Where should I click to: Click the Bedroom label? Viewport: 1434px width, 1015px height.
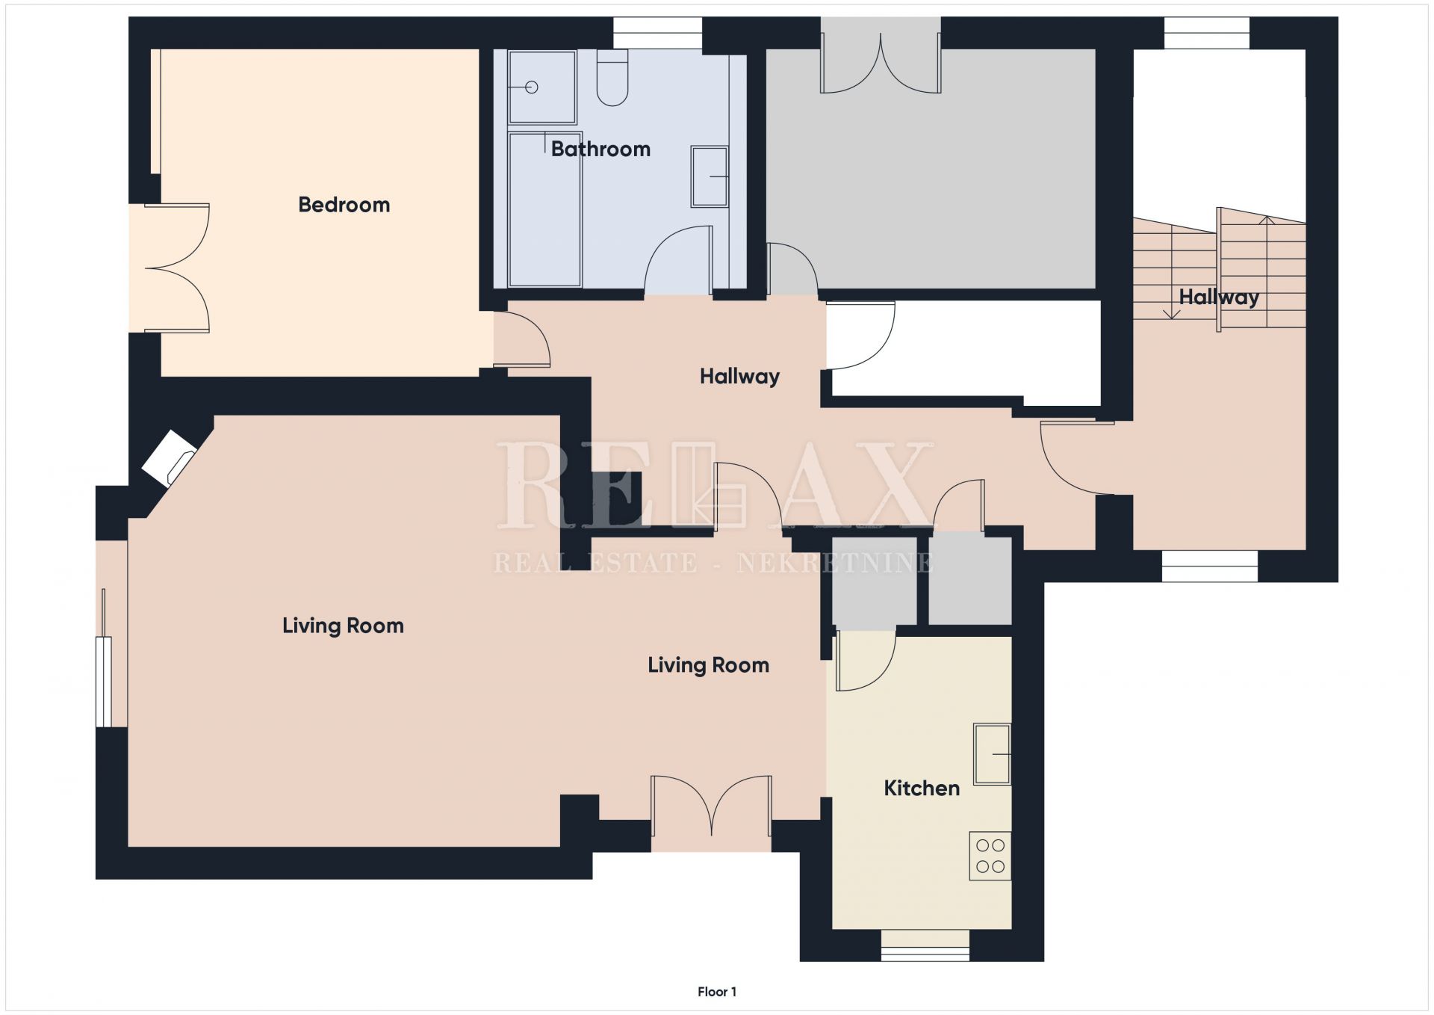(x=344, y=205)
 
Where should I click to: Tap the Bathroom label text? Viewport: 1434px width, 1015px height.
(x=600, y=149)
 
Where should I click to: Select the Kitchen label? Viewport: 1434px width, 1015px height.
(x=922, y=788)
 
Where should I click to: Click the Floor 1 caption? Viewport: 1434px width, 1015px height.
(x=717, y=992)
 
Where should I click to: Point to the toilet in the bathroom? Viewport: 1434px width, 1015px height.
(x=612, y=78)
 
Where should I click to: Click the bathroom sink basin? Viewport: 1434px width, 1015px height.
(x=709, y=176)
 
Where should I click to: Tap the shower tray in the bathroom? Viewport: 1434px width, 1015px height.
(x=542, y=87)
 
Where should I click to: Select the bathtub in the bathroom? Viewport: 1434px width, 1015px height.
(x=544, y=209)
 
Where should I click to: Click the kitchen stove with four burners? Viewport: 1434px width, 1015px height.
(x=990, y=856)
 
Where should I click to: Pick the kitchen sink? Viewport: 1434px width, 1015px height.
(x=992, y=754)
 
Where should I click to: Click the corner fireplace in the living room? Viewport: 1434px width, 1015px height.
(x=170, y=458)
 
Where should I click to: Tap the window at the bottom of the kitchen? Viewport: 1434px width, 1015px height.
(x=925, y=945)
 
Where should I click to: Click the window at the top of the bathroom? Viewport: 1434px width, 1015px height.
(x=658, y=34)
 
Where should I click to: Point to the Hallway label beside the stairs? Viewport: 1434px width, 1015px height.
(x=1219, y=297)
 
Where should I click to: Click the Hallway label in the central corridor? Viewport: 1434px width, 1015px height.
(x=739, y=376)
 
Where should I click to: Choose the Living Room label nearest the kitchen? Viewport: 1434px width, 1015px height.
(x=708, y=665)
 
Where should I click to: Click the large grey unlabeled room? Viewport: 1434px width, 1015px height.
(x=931, y=169)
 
